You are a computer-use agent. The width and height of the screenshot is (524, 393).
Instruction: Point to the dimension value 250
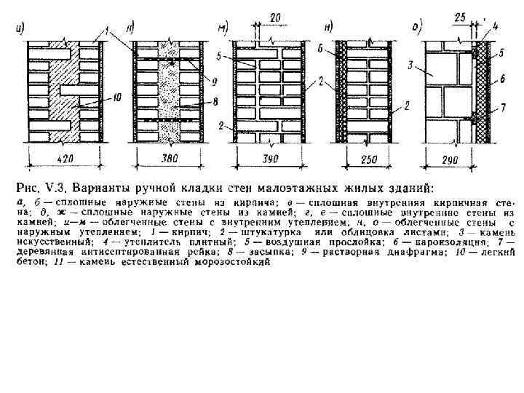pyautogui.click(x=367, y=159)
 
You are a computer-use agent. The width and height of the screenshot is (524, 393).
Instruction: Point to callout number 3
pyautogui.click(x=411, y=66)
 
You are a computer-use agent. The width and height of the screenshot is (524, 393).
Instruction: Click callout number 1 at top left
pyautogui.click(x=108, y=31)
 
